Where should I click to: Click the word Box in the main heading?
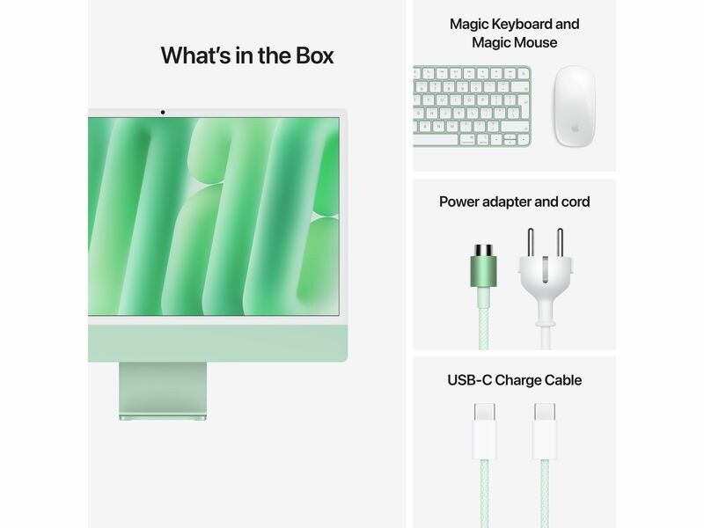pos(314,55)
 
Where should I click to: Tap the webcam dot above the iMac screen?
pos(163,113)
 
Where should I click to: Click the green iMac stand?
pos(163,391)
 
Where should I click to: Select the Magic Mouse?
pos(575,106)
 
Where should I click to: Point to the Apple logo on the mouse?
pos(575,128)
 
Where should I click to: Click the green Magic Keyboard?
pos(472,106)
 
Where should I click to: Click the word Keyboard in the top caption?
pos(522,25)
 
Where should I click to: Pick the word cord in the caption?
pos(576,202)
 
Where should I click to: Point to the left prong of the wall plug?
pos(531,243)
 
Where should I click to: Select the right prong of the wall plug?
pos(560,243)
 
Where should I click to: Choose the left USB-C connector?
pos(485,431)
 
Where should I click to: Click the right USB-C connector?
pos(545,431)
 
